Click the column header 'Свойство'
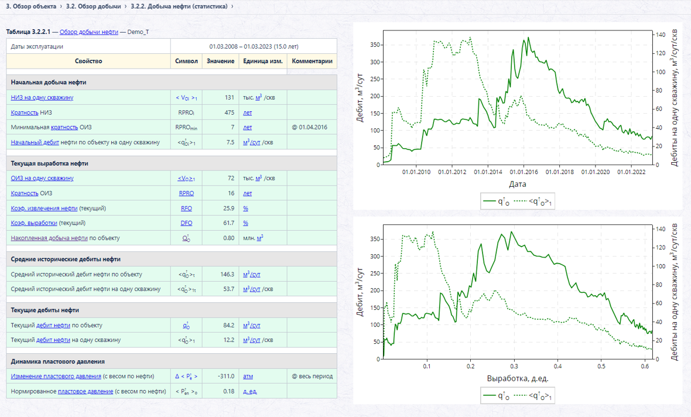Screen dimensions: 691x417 click(x=88, y=61)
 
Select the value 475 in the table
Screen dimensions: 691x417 click(x=229, y=112)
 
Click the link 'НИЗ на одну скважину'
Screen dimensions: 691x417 click(x=42, y=97)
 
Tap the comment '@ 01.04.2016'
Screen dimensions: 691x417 click(x=309, y=128)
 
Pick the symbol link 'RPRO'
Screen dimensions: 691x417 click(x=186, y=193)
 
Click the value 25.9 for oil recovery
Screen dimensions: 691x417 click(x=229, y=208)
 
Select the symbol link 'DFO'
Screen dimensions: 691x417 click(x=186, y=223)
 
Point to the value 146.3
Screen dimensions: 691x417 click(x=227, y=274)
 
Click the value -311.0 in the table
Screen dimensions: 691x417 click(x=226, y=377)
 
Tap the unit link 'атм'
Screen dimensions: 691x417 click(x=248, y=377)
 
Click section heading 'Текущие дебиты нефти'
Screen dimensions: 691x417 click(x=45, y=310)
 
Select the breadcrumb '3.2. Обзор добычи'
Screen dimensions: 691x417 click(x=94, y=6)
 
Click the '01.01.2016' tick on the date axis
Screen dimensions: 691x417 click(x=524, y=172)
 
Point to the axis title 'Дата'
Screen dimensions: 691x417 click(x=517, y=184)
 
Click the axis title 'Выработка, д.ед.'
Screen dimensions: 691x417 click(x=517, y=378)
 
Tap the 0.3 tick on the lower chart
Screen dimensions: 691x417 click(x=514, y=366)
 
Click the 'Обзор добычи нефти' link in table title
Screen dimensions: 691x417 click(x=88, y=32)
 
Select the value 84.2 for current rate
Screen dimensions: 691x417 click(x=229, y=325)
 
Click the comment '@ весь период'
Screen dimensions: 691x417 click(x=312, y=377)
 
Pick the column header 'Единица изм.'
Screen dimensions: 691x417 click(x=263, y=61)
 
